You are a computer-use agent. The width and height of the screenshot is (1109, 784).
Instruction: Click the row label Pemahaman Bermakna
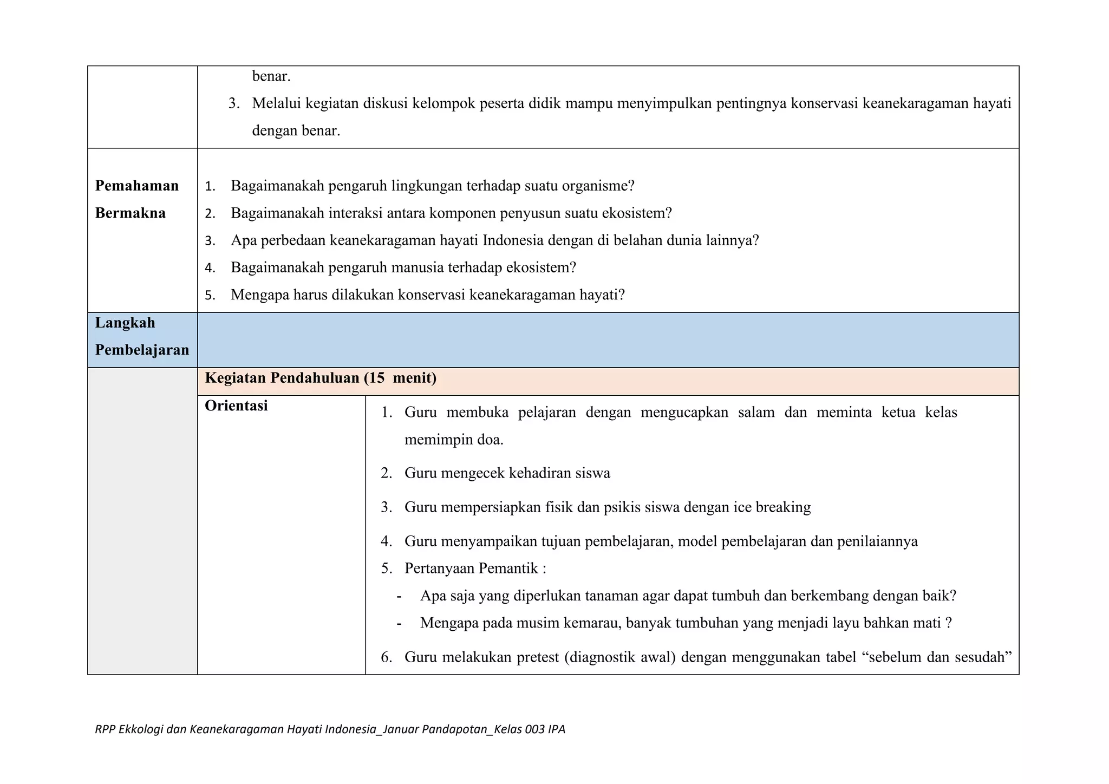click(x=136, y=199)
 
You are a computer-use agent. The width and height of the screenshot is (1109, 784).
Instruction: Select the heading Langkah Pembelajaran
click(x=142, y=336)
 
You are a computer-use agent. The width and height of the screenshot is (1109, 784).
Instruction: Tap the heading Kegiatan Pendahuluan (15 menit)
click(x=321, y=378)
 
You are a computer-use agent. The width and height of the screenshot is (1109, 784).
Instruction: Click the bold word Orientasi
click(x=236, y=406)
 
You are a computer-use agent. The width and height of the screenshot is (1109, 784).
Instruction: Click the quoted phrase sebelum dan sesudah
click(x=940, y=657)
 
